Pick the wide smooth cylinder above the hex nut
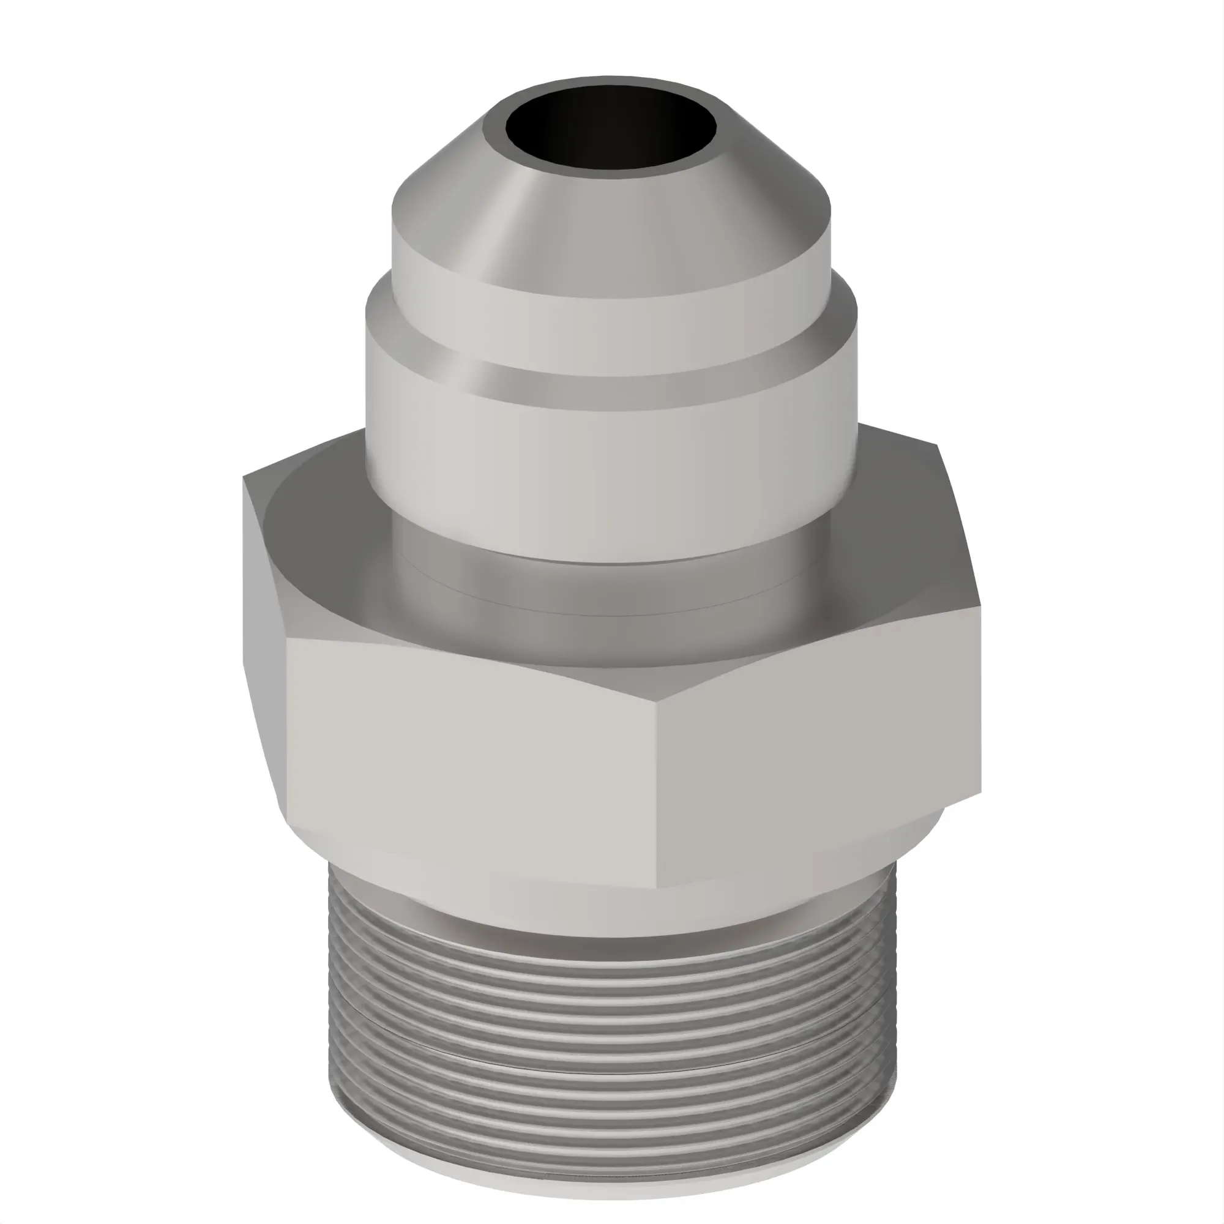click(x=608, y=469)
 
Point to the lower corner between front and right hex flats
click(x=656, y=887)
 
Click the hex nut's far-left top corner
click(x=244, y=479)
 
